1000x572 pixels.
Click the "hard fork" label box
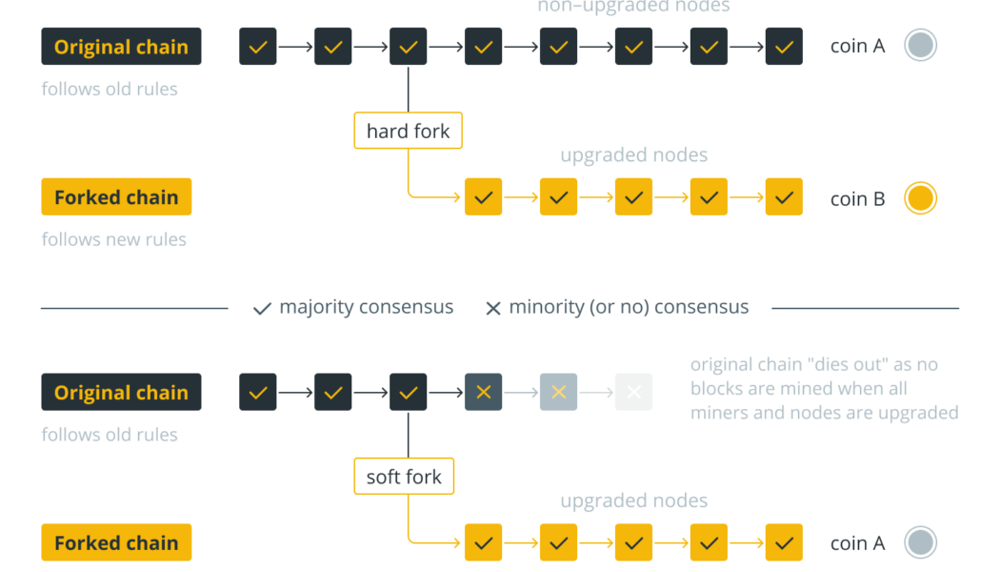click(x=408, y=131)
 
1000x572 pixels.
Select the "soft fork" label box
click(x=404, y=477)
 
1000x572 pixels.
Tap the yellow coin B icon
click(x=920, y=198)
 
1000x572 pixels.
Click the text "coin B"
click(x=857, y=198)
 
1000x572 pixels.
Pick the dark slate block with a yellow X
click(x=483, y=392)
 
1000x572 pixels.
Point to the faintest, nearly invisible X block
click(x=633, y=392)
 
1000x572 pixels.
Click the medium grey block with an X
click(x=558, y=392)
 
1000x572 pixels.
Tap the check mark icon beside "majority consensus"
click(x=262, y=309)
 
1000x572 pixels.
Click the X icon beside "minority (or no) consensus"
click(x=493, y=309)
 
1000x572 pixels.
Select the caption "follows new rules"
click(x=114, y=239)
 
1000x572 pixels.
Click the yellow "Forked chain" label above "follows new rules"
click(x=116, y=197)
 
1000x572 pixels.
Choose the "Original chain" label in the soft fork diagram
click(x=121, y=392)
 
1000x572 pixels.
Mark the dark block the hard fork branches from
click(x=408, y=47)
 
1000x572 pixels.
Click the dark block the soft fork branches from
click(x=408, y=392)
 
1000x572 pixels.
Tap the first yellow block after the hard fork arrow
click(x=483, y=197)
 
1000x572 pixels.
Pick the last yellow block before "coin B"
click(x=784, y=197)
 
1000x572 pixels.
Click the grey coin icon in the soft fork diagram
click(x=920, y=542)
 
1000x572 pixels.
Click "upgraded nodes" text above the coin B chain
click(x=633, y=154)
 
